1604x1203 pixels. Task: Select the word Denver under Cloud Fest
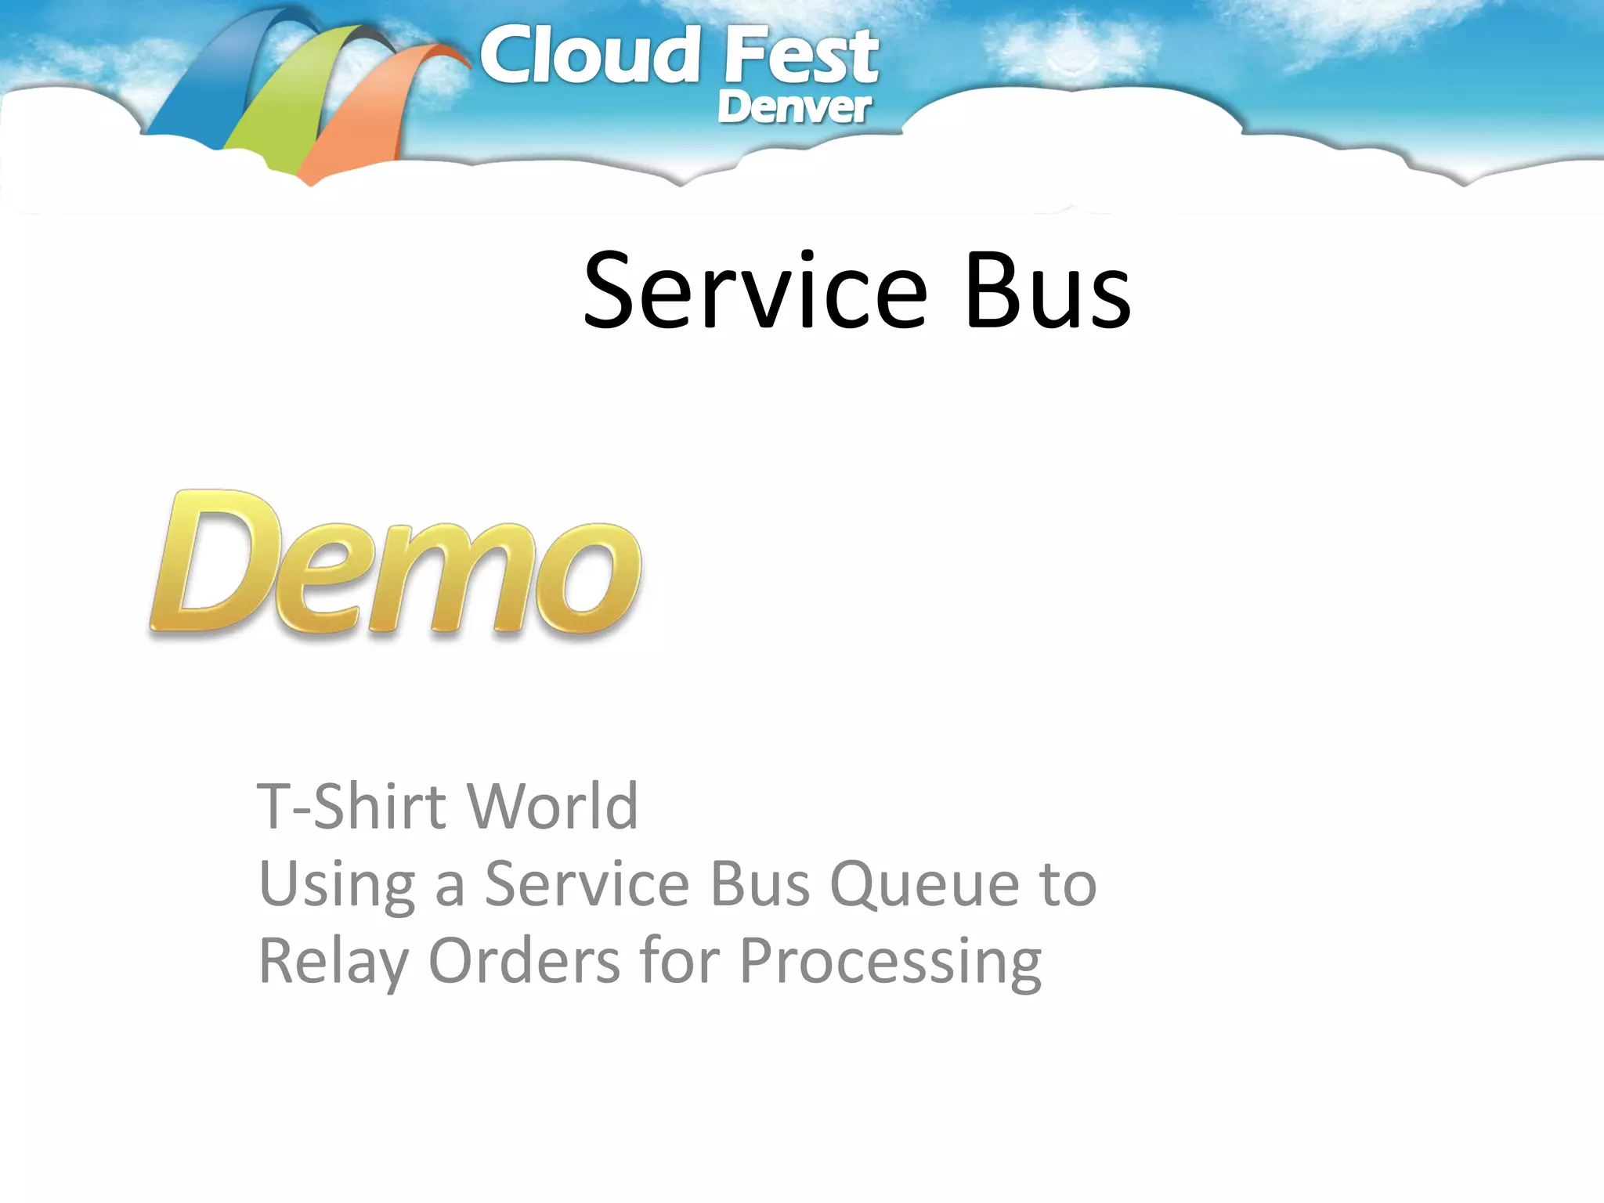(794, 107)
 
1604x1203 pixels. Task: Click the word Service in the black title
(755, 291)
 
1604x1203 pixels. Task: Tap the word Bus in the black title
(1047, 291)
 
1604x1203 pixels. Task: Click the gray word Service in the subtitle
(587, 883)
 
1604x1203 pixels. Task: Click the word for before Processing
(680, 960)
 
